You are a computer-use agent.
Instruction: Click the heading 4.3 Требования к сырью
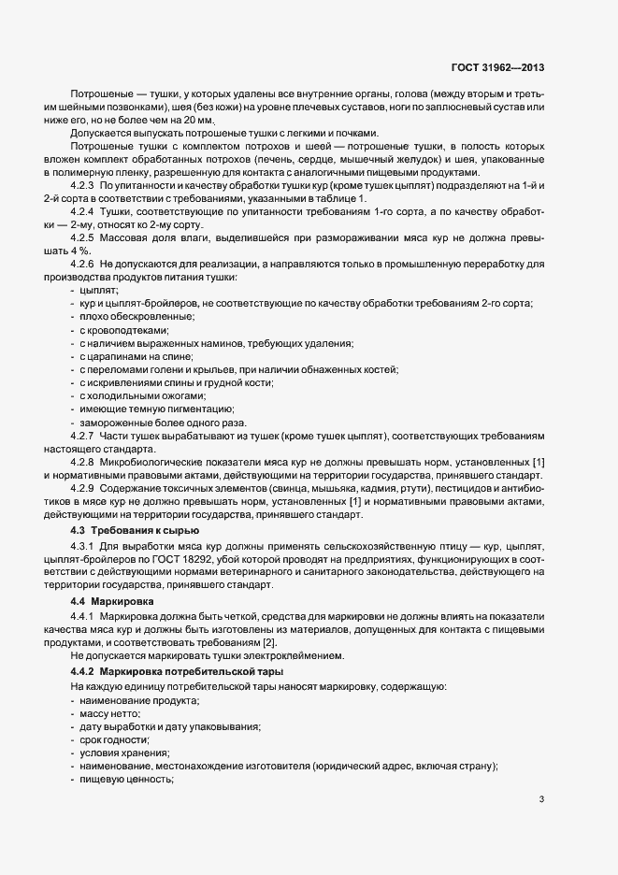[x=129, y=530]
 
